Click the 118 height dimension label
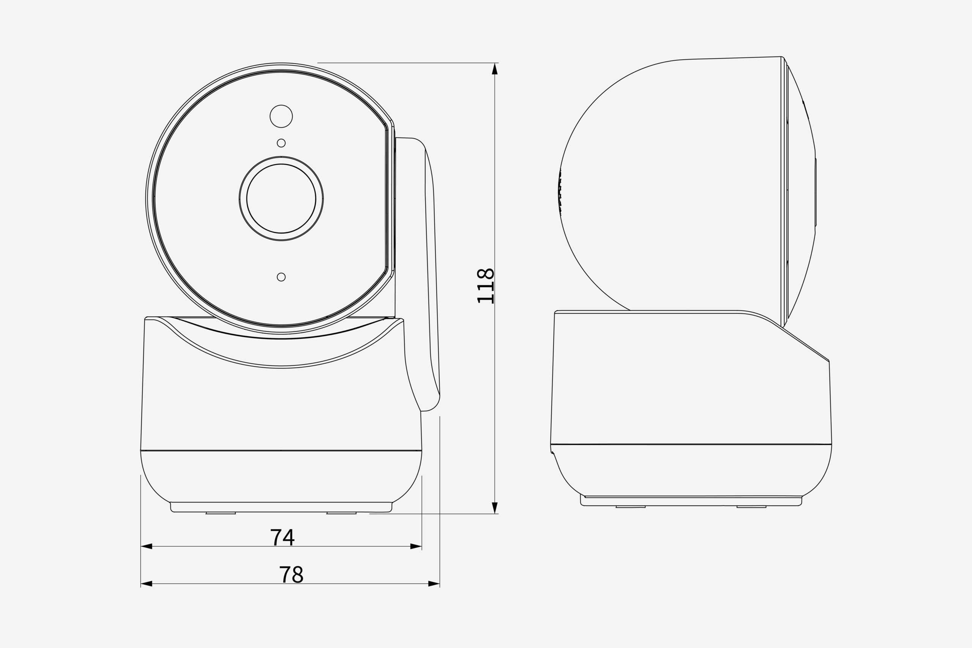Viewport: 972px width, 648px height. [x=485, y=286]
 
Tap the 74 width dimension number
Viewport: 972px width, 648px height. [x=282, y=537]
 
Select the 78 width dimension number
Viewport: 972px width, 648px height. [x=291, y=574]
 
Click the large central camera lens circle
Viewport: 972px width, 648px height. [x=281, y=198]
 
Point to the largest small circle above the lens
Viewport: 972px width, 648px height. [x=281, y=116]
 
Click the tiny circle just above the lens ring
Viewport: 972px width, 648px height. [x=281, y=143]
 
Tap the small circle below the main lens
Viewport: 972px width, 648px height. [x=281, y=277]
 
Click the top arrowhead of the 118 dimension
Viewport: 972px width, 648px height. [x=495, y=69]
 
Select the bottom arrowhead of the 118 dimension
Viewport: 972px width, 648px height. [x=495, y=508]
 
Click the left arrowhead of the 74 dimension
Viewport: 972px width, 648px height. [x=146, y=546]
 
